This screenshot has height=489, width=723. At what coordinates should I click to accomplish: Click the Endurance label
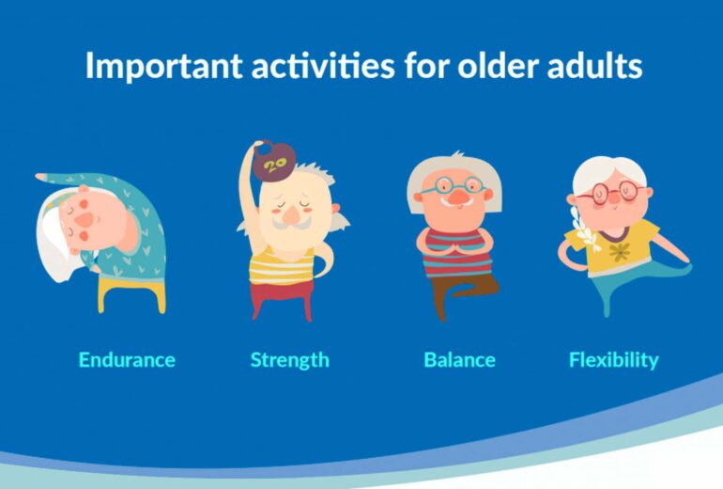127,359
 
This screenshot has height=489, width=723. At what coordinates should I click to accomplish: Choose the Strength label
289,359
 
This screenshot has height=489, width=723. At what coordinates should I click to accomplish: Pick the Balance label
459,359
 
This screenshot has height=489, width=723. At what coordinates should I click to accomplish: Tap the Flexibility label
613,359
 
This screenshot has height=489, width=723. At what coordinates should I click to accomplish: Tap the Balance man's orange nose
454,197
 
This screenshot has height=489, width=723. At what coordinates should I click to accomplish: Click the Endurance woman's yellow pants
132,288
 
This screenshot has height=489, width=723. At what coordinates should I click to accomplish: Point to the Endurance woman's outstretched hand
42,176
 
